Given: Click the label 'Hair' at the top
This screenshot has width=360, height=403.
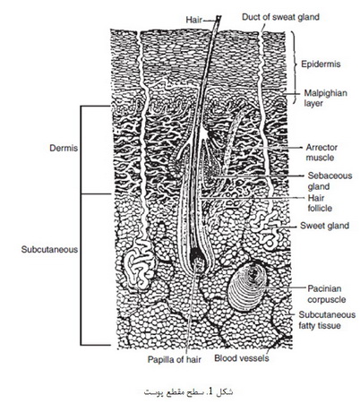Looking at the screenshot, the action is tap(194, 20).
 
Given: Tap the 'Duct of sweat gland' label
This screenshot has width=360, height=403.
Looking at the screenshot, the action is tap(280, 17).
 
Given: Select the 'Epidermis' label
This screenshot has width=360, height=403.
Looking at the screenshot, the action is tap(321, 64).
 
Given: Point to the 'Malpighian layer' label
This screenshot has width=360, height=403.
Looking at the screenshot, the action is tap(325, 99).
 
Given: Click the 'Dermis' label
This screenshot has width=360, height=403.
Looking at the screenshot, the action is tap(64, 148).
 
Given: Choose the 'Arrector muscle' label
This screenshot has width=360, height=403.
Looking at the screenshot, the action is tap(321, 152).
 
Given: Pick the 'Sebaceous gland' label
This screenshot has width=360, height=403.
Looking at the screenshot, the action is tap(330, 181).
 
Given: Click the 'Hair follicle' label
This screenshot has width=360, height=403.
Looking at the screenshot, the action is tap(320, 203).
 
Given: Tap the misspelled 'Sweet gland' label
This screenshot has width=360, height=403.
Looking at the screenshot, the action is tap(324, 226).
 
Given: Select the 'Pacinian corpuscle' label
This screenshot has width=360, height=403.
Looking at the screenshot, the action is tap(326, 294).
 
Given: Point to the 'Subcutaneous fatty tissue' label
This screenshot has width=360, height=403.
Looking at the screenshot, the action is tap(327, 320).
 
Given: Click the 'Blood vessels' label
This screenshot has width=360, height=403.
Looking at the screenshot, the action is tap(242, 358).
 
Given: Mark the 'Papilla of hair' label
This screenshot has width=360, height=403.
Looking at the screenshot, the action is tap(175, 359).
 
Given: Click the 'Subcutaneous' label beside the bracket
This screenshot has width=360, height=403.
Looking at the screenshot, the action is tap(49, 250).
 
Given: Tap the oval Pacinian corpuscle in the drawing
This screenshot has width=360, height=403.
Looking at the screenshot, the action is tap(247, 286).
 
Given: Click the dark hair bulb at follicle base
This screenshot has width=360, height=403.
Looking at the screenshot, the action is tap(197, 255).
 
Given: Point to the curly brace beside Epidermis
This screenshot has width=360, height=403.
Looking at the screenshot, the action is tap(295, 67).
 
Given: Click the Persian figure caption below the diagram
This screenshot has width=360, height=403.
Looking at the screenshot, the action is tap(189, 391).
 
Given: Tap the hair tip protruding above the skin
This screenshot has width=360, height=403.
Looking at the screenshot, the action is tap(219, 17).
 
